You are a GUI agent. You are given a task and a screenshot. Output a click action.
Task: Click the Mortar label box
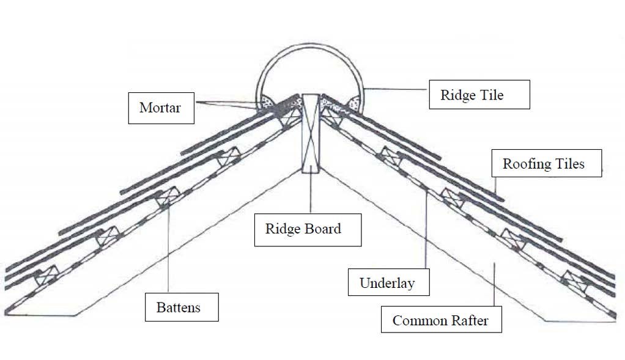161,108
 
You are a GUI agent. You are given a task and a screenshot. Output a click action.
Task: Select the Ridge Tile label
479,95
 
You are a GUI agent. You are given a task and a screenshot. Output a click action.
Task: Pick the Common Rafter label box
441,320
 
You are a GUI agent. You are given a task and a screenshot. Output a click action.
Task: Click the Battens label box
181,307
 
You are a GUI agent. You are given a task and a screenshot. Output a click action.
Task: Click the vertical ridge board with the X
311,133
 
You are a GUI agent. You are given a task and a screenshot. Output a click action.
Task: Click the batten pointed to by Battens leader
166,199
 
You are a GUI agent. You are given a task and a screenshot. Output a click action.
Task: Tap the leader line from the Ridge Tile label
398,89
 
